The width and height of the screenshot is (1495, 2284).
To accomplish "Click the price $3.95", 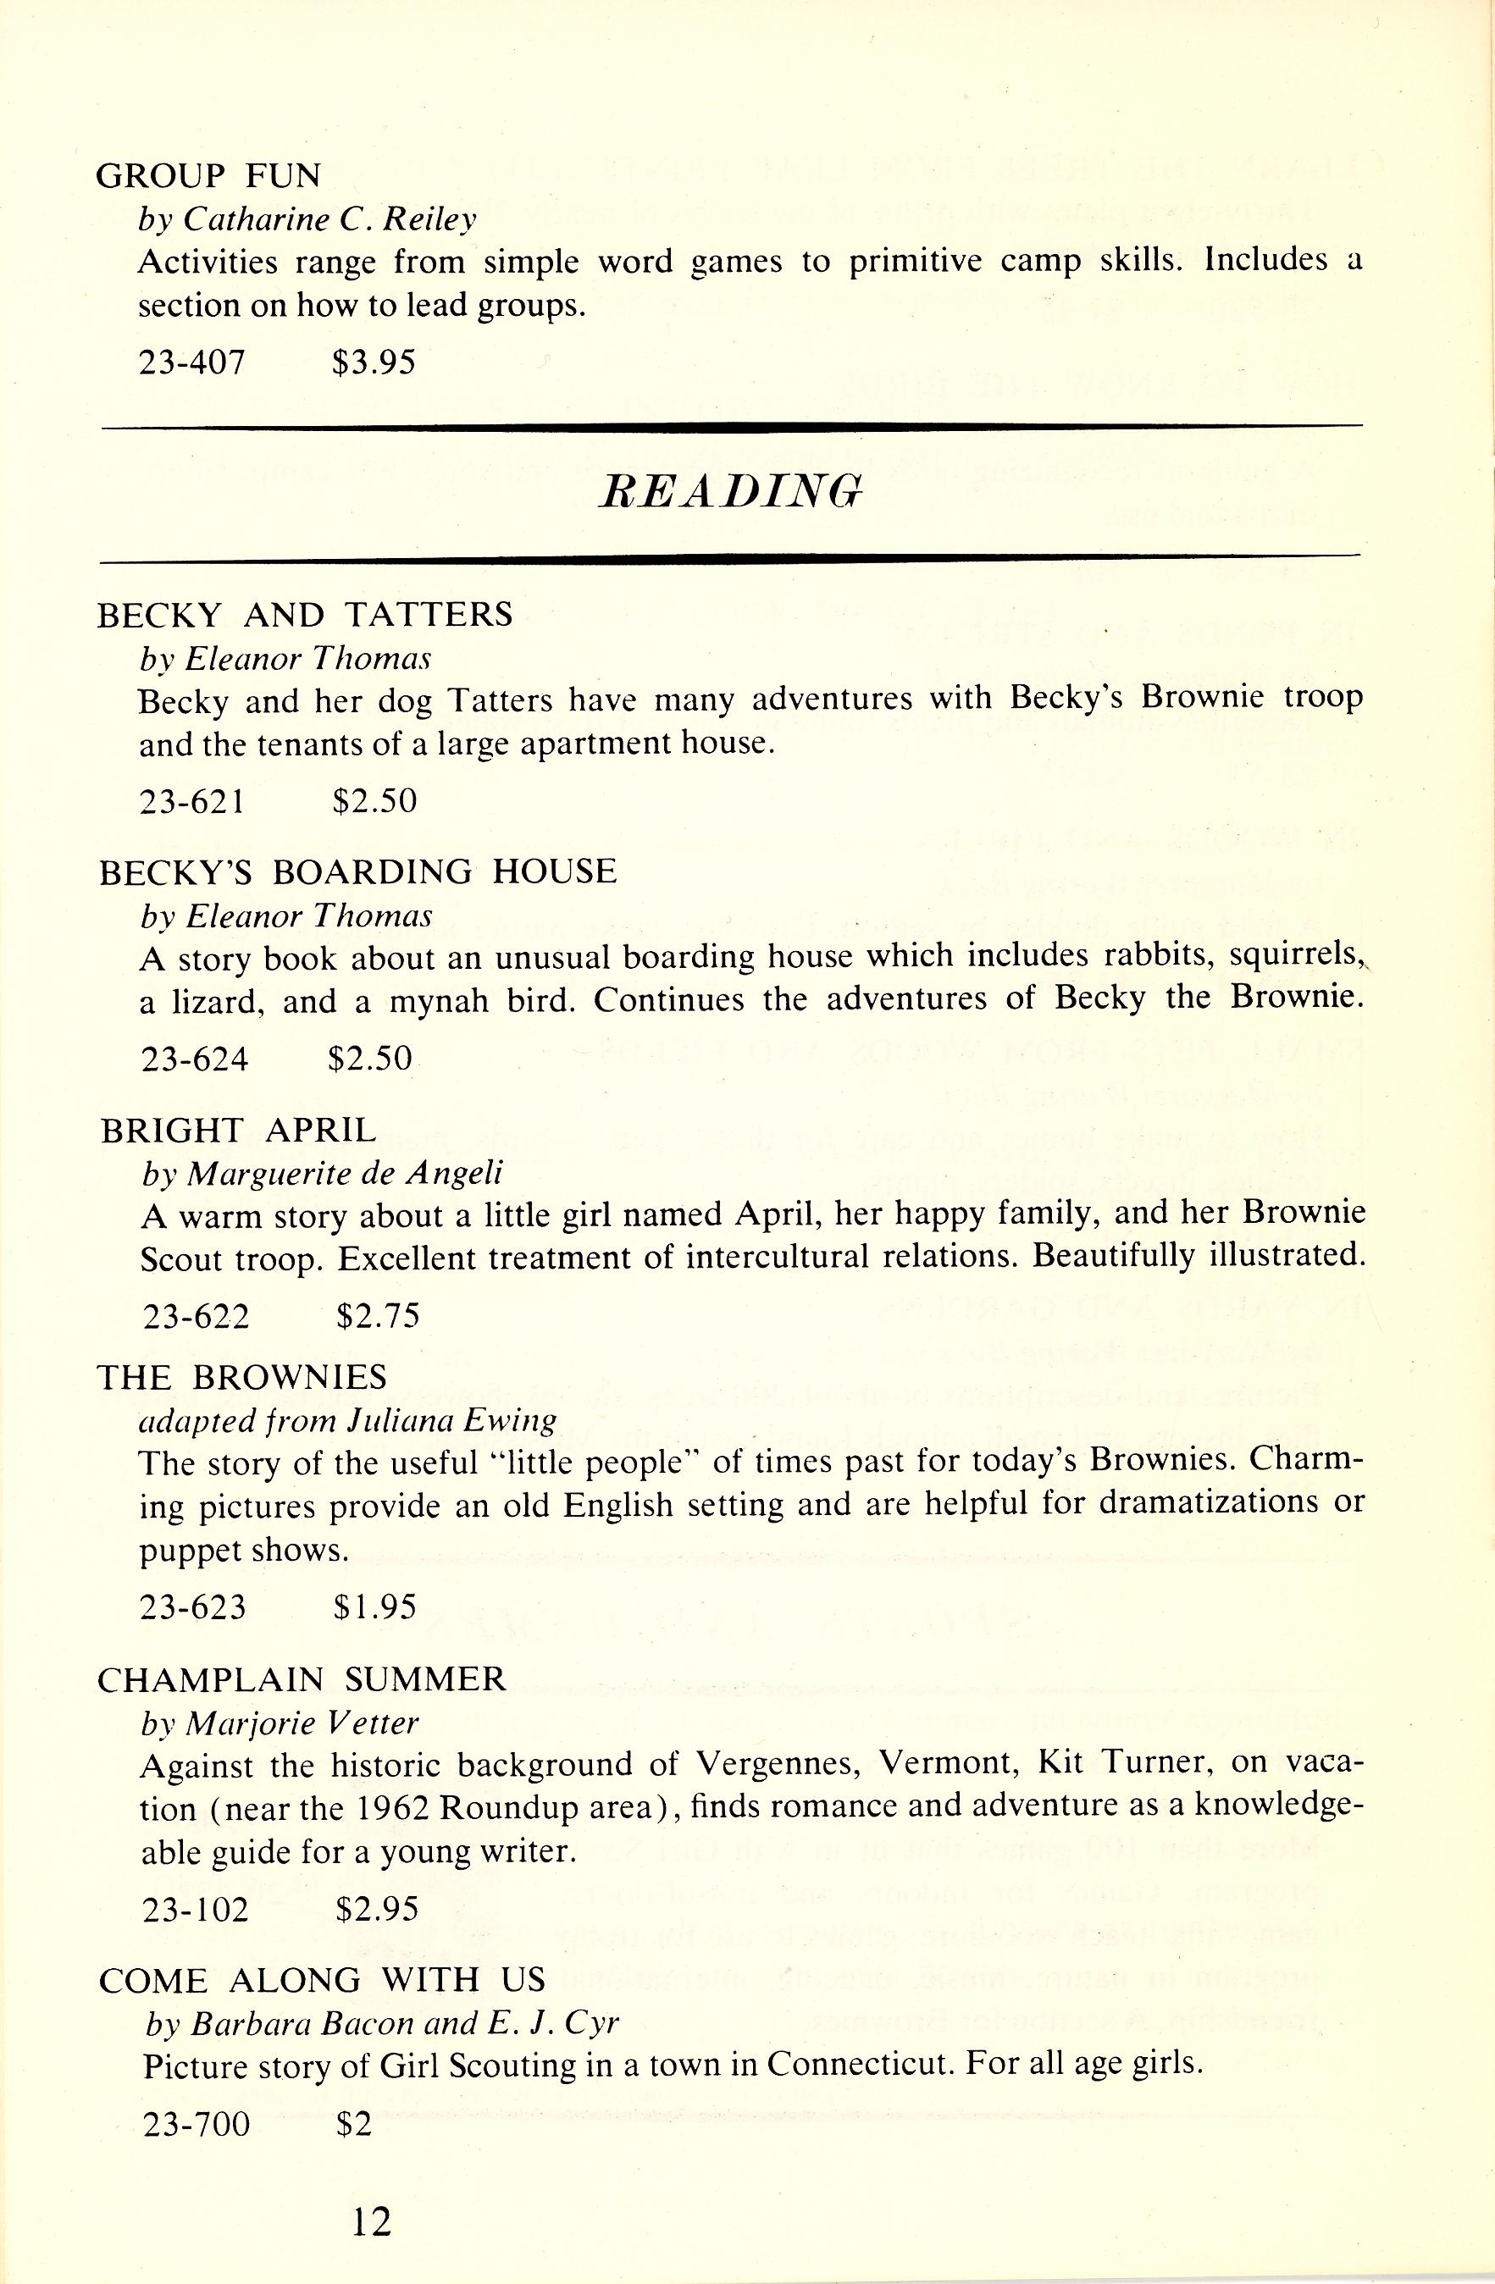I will (374, 362).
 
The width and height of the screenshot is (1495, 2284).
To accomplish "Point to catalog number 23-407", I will (193, 362).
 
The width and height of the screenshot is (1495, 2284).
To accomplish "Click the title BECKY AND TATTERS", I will (305, 614).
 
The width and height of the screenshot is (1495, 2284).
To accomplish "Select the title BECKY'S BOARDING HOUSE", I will (358, 871).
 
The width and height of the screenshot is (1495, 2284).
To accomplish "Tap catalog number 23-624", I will (195, 1059).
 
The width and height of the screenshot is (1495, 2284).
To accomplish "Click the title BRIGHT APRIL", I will (239, 1131).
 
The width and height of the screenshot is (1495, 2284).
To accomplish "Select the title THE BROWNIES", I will (241, 1378).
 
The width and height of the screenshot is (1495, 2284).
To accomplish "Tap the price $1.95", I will (375, 1607).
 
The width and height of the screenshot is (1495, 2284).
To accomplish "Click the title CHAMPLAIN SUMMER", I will (301, 1679).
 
